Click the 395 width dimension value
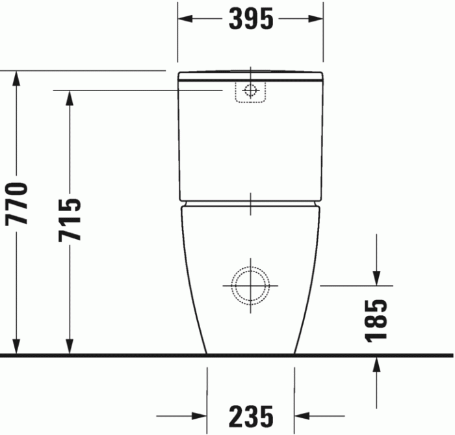pos(251,20)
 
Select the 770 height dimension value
pos(18,204)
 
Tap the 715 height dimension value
pos(70,219)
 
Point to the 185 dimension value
pos(376,320)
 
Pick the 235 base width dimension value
pos(251,415)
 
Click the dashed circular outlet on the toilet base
pos(251,285)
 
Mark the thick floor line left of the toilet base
pos(104,356)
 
